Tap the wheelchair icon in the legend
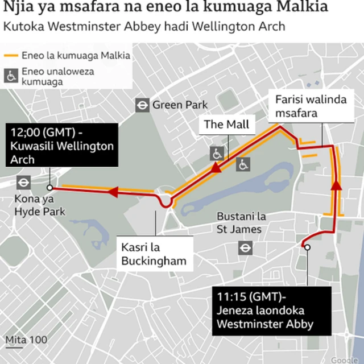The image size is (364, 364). pyautogui.click(x=11, y=75)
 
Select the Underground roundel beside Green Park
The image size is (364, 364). pyautogui.click(x=142, y=105)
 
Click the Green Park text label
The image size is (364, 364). pyautogui.click(x=180, y=105)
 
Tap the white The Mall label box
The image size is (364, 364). pyautogui.click(x=226, y=125)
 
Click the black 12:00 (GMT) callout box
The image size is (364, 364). pyautogui.click(x=63, y=146)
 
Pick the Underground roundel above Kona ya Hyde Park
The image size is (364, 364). pyautogui.click(x=24, y=183)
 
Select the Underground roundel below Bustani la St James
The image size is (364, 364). pyautogui.click(x=245, y=247)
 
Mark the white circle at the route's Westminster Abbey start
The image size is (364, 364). pyautogui.click(x=307, y=247)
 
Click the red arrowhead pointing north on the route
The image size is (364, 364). pyautogui.click(x=336, y=185)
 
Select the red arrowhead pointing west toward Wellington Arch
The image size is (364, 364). pyautogui.click(x=112, y=192)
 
